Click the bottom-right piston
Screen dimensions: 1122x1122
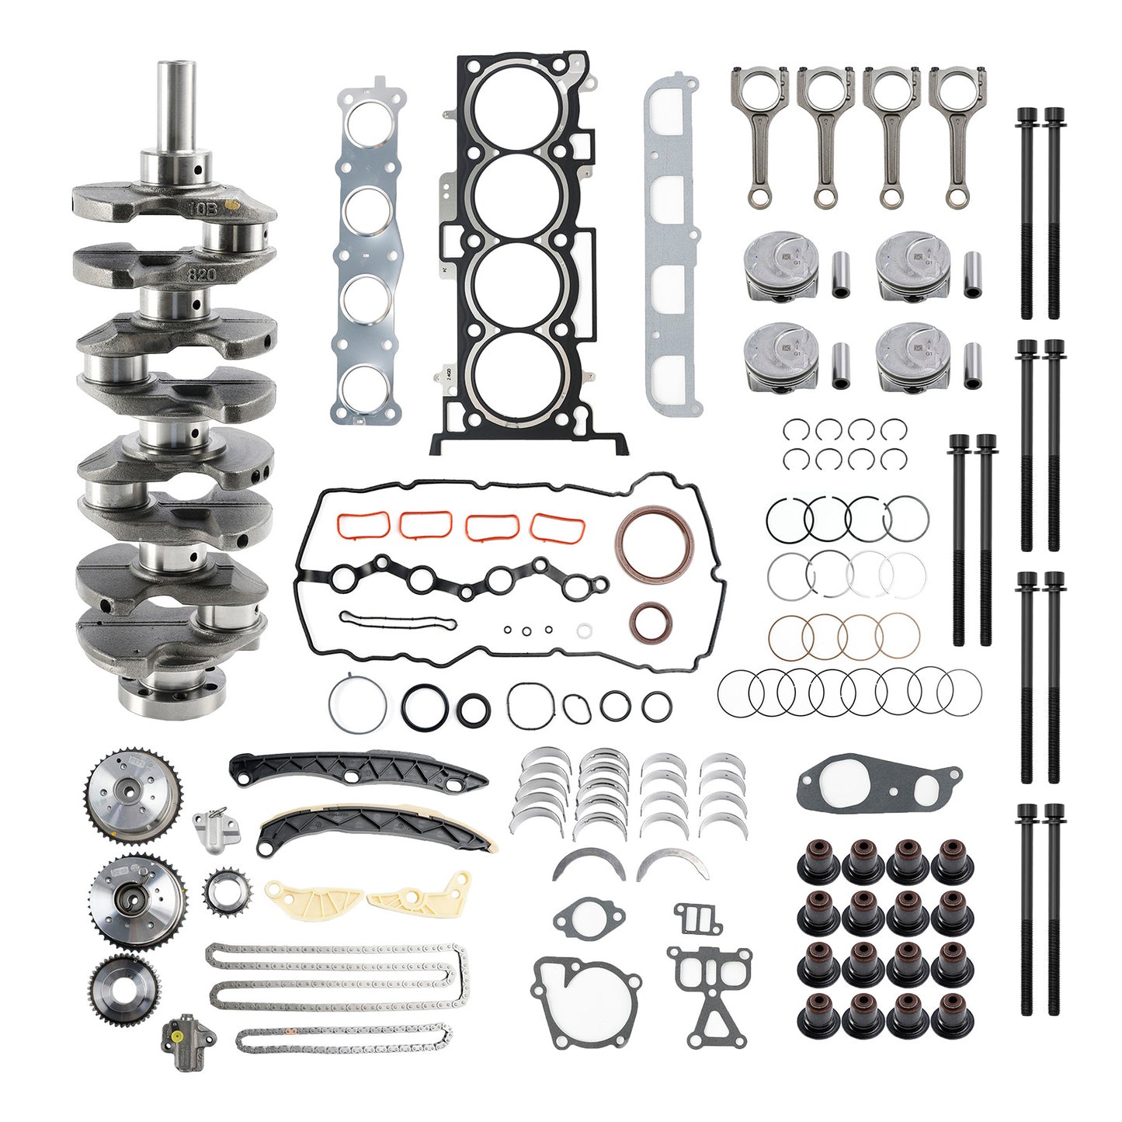tap(913, 357)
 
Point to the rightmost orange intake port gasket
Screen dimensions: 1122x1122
tap(558, 527)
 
